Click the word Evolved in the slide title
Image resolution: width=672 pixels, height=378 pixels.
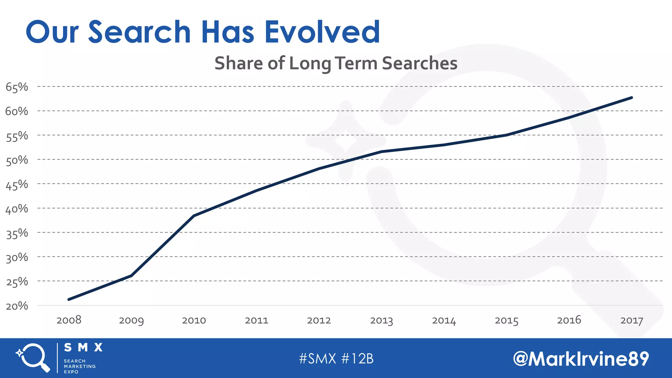point(322,32)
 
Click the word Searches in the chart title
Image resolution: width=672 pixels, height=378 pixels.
point(420,63)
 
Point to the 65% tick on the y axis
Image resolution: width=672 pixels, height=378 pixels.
point(17,87)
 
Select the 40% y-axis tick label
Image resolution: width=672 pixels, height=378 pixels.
point(17,209)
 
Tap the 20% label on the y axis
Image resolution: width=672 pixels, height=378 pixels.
point(17,306)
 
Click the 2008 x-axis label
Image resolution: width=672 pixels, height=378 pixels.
point(69,320)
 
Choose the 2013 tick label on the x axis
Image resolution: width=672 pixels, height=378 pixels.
point(381,321)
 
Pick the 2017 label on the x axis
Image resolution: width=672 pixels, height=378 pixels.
point(631,321)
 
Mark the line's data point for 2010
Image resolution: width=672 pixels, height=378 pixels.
point(194,216)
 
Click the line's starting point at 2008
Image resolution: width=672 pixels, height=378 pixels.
point(69,299)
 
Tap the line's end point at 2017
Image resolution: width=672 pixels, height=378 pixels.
point(631,98)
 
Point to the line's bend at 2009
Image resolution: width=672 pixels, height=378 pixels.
point(132,276)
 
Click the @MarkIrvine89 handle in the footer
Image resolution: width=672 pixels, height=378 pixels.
point(581,359)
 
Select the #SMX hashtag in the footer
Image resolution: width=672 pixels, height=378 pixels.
point(317,359)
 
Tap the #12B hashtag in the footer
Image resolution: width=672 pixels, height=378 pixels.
point(357,359)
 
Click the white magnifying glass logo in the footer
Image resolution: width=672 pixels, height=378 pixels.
point(33,358)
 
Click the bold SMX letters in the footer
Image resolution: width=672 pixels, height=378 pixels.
point(83,347)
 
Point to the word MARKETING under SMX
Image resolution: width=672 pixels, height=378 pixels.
point(80,366)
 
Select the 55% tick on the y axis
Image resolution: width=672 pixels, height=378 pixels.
point(17,136)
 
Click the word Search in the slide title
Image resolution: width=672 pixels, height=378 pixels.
point(139,32)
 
